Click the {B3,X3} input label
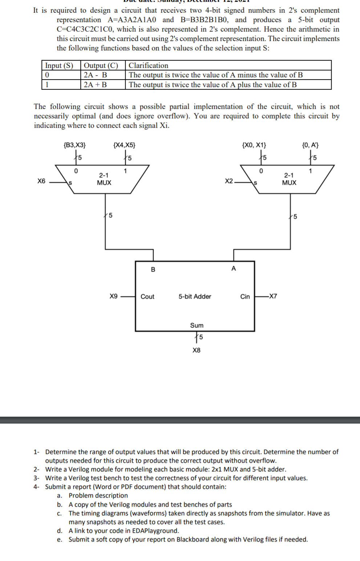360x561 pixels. pos(74,145)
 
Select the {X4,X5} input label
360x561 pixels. pos(124,145)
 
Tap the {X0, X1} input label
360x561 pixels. pos(254,145)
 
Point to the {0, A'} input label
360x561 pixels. pos(311,145)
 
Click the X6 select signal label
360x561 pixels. pos(41,181)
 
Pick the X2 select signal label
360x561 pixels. pos(229,181)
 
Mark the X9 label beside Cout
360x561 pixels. pos(114,296)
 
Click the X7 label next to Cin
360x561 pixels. pos(273,296)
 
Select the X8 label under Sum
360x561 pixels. pos(197,350)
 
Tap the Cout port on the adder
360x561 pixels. pos(147,297)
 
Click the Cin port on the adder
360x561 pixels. pos(245,297)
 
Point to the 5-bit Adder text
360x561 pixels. pos(195,297)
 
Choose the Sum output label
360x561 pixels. pos(197,325)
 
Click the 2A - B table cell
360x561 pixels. pos(96,75)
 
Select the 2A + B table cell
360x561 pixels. pos(96,85)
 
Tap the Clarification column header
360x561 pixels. pos(149,65)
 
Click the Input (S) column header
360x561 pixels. pos(59,65)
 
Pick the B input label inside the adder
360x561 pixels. pos(153,269)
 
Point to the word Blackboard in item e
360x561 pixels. pos(193,539)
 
